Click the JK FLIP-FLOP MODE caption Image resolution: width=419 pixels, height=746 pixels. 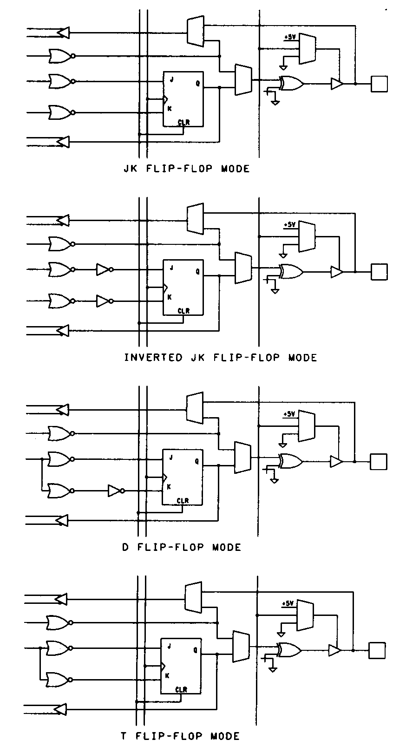186,169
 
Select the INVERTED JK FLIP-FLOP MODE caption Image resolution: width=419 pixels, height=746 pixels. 221,357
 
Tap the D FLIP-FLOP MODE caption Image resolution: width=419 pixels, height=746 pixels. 182,547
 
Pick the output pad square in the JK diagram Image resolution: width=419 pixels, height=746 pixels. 379,84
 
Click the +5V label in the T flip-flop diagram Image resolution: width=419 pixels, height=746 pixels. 288,604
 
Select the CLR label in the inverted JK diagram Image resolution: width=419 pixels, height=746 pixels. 184,311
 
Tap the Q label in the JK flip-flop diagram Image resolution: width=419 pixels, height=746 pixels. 198,84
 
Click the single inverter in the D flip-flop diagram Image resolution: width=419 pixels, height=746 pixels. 115,491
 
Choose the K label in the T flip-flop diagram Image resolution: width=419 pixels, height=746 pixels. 167,676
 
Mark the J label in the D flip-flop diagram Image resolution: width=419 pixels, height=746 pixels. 171,458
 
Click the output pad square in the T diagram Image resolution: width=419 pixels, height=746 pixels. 377,650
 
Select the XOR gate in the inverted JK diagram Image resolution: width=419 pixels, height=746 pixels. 291,272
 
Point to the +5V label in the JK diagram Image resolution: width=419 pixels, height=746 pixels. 291,37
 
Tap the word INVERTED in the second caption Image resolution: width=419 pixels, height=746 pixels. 153,357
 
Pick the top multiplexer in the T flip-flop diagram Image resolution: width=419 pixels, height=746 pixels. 193,597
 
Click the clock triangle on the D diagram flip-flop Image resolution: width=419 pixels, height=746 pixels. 164,477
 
